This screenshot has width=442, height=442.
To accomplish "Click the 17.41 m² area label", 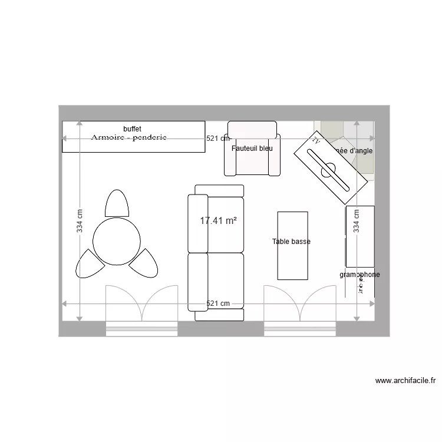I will coord(218,221).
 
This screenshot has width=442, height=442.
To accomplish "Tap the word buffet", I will coord(133,128).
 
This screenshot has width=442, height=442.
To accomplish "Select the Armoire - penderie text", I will coord(129,137).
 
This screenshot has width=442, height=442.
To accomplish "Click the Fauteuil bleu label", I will coord(252,149).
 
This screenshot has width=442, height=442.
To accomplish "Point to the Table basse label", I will coord(291,242).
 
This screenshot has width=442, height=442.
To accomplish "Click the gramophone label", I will coord(359,275).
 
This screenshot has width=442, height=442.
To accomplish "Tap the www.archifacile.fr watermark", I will coord(405,381).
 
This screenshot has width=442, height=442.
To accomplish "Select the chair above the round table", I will coord(117,204).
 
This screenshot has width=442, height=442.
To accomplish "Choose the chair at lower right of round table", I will coord(143,263).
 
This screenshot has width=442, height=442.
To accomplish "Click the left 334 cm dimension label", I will coord(80,222).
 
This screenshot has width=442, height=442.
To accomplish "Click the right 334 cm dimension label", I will coord(356,222).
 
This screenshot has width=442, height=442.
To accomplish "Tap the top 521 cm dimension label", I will coord(217,138).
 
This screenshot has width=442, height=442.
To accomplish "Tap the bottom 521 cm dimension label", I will coord(217,304).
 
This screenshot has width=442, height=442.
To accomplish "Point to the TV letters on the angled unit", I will coord(316,141).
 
